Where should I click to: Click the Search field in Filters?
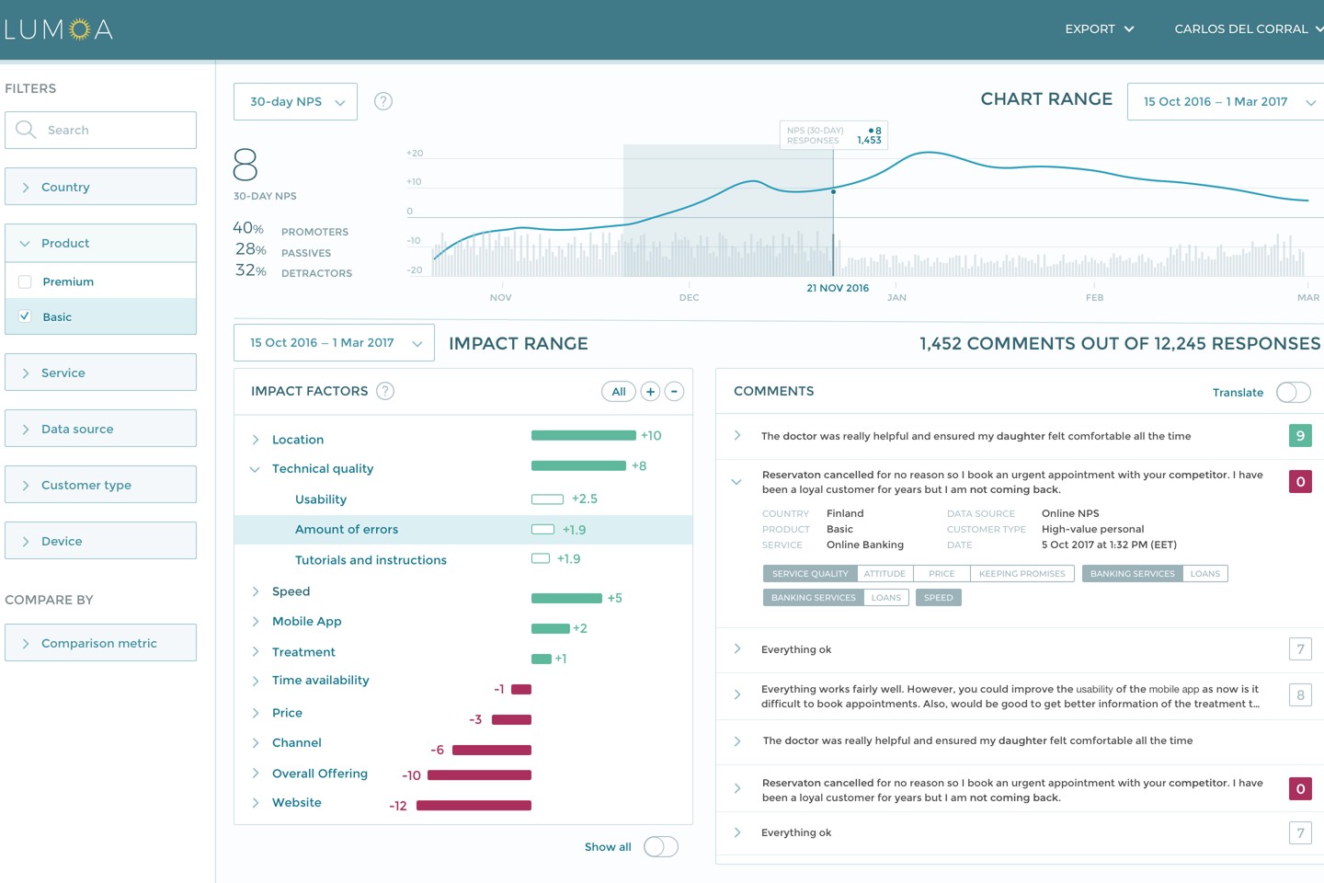101,130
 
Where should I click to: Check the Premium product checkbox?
25,281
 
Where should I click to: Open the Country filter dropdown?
100,187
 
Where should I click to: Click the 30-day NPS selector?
295,102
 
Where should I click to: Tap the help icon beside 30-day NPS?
383,101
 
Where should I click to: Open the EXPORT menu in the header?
1099,29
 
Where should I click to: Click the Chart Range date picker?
1227,102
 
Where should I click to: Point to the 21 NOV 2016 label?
838,288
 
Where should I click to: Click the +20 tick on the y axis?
415,154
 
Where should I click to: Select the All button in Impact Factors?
618,392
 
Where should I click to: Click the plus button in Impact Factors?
650,392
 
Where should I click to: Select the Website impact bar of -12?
474,806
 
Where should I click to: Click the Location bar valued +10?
583,435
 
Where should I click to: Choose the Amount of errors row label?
347,530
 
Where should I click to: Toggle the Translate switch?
1293,393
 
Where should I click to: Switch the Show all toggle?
660,847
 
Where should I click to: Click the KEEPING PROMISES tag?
1022,574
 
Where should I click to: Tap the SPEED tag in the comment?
938,598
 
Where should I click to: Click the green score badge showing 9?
1299,436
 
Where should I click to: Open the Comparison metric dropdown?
100,643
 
